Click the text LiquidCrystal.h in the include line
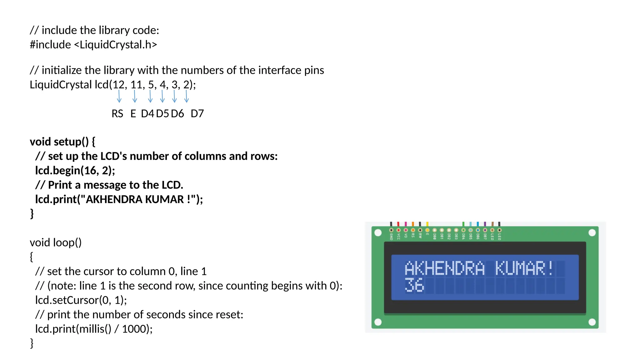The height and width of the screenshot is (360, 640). tap(115, 45)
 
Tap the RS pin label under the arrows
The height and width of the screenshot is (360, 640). tap(117, 113)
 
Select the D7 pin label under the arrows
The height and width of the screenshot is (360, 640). tap(197, 113)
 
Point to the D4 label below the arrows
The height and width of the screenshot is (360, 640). tap(147, 113)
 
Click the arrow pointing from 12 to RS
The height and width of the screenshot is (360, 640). tap(119, 96)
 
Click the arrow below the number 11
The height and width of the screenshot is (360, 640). tap(135, 96)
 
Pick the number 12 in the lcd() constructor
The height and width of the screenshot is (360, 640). tap(118, 85)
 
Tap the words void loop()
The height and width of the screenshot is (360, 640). tap(56, 242)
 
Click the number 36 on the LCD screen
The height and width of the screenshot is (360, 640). tap(414, 285)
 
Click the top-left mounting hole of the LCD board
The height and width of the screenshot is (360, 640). tap(378, 233)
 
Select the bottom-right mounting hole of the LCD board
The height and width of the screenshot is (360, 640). tap(592, 322)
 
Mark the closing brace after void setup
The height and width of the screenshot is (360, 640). tap(32, 214)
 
